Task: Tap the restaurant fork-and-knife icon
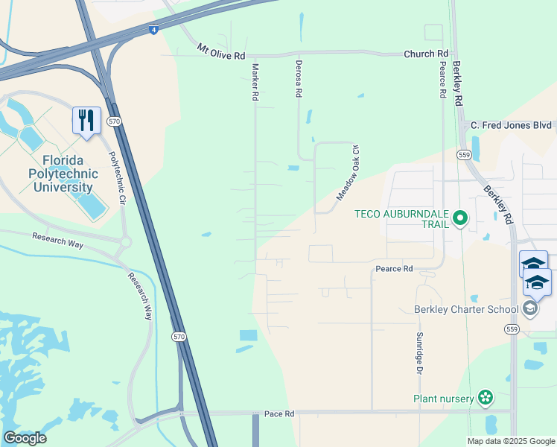pyautogui.click(x=86, y=119)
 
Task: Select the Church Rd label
pyautogui.click(x=427, y=54)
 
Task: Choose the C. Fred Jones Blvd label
pyautogui.click(x=511, y=125)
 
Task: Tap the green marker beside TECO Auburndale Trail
pyautogui.click(x=460, y=218)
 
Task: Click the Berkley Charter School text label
pyautogui.click(x=467, y=309)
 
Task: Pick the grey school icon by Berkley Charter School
pyautogui.click(x=530, y=308)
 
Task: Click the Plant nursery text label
pyautogui.click(x=444, y=399)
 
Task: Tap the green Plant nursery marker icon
pyautogui.click(x=486, y=398)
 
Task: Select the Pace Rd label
pyautogui.click(x=279, y=413)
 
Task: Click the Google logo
pyautogui.click(x=25, y=437)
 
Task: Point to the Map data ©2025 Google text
pyautogui.click(x=510, y=440)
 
